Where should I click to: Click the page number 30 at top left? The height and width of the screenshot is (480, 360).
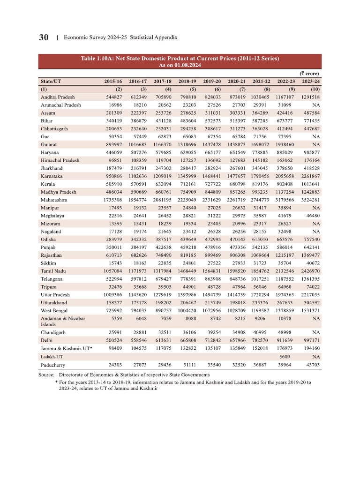point(45,37)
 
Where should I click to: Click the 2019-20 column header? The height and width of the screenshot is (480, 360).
point(211,81)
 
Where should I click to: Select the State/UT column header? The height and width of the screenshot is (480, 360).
point(51,81)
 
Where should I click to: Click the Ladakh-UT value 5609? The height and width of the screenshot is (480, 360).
point(288,357)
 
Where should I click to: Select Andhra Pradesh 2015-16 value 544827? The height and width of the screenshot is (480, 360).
point(112,97)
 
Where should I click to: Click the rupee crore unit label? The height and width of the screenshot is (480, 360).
point(310,73)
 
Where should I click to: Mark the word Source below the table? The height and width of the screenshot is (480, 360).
point(47,375)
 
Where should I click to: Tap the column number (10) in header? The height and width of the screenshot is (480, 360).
point(315,89)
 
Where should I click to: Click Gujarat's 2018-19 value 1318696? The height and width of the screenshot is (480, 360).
point(186,144)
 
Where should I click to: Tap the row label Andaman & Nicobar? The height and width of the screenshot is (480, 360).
point(63,318)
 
